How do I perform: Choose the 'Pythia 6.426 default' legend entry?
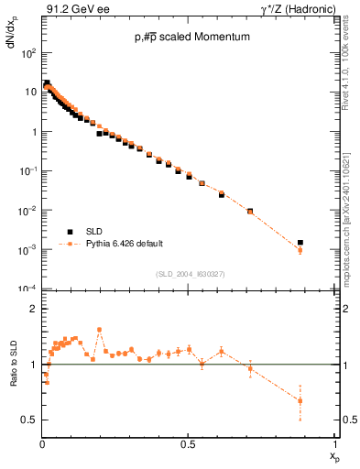[x=110, y=245]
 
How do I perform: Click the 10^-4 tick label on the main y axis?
[x=29, y=289]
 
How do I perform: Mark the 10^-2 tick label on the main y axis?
[x=29, y=211]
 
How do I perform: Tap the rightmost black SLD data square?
[x=300, y=243]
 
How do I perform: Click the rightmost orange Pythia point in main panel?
[x=300, y=250]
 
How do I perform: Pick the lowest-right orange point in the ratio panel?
[x=300, y=400]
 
